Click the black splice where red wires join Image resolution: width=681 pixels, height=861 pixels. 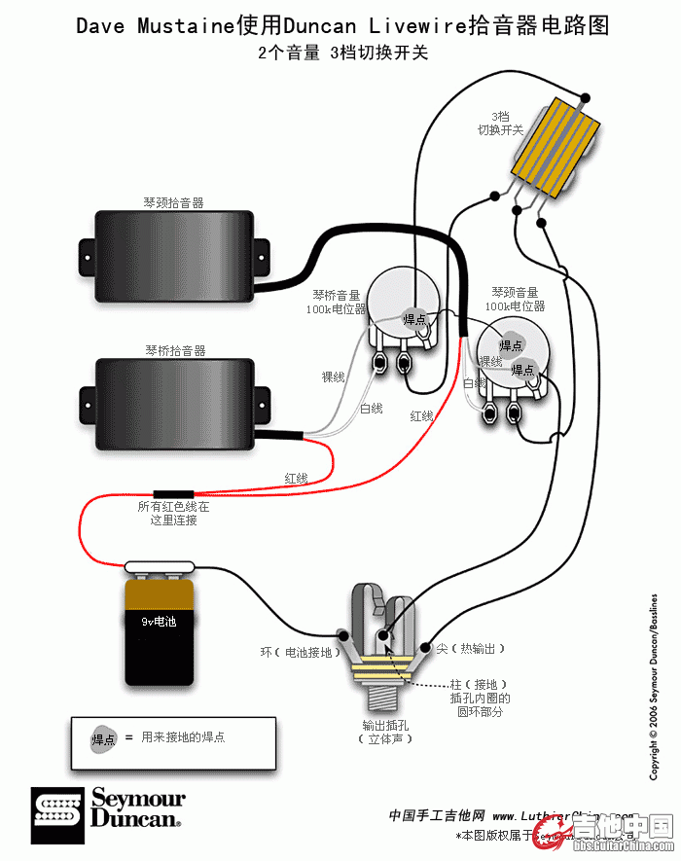click(x=173, y=494)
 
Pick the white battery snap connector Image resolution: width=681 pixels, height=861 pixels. click(x=161, y=565)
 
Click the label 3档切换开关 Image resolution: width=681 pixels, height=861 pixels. click(x=500, y=122)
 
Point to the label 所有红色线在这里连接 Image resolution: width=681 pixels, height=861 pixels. click(x=173, y=514)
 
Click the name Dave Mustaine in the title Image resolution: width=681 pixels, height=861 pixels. click(x=156, y=26)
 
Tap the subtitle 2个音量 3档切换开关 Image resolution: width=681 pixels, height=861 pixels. click(x=342, y=54)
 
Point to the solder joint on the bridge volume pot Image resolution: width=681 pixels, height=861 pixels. click(x=414, y=318)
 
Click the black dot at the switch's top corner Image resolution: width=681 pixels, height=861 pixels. click(x=585, y=97)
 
